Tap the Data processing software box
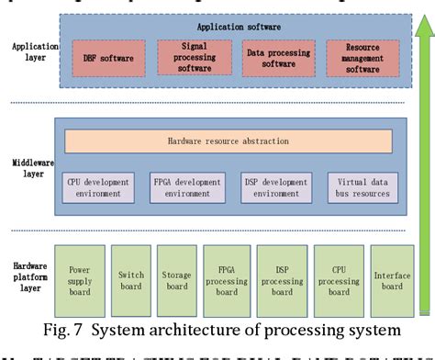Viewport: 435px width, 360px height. [274, 57]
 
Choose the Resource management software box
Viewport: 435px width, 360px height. [362, 59]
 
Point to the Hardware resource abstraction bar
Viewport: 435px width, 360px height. [229, 141]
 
